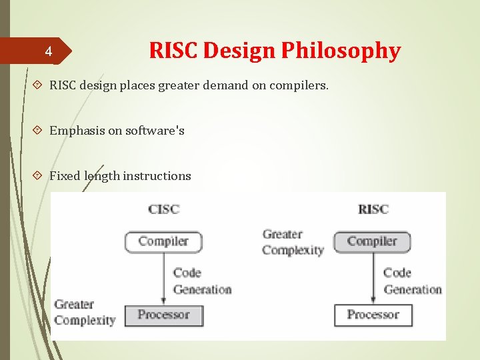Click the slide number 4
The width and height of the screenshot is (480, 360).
[x=48, y=51]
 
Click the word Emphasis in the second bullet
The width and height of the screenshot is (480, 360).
[x=76, y=131]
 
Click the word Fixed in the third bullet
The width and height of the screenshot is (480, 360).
[x=65, y=176]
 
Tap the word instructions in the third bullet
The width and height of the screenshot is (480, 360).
[x=157, y=176]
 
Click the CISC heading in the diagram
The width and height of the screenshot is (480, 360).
[x=164, y=209]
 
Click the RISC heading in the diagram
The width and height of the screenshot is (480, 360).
[x=373, y=209]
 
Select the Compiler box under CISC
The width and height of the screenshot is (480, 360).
[x=163, y=241]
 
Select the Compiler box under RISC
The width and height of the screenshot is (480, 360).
[x=372, y=241]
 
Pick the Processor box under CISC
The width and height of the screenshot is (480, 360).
[x=163, y=315]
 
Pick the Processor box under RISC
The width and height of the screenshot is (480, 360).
[x=373, y=315]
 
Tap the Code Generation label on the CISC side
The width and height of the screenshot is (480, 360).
[x=202, y=281]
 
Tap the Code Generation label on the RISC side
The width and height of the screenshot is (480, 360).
[x=413, y=281]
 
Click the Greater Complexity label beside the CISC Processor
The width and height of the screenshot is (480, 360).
[x=85, y=312]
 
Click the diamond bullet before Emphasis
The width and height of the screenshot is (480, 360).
[x=39, y=131]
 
